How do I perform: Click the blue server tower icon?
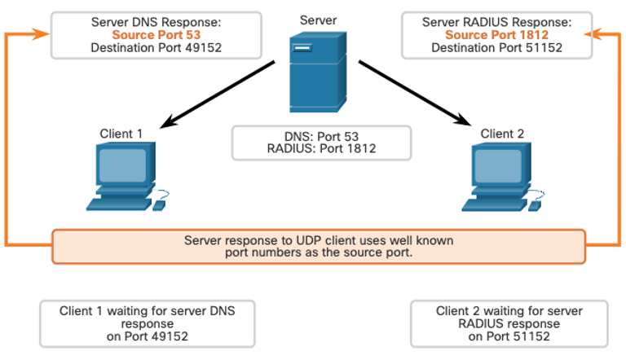[318, 72]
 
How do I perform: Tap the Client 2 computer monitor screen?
[498, 166]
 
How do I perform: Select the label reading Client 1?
[121, 134]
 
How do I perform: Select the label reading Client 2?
[502, 134]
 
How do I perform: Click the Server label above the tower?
[318, 20]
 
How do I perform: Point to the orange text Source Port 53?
[156, 35]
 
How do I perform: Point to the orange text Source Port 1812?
[496, 35]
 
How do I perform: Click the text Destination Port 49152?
[156, 48]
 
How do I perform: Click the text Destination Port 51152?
[496, 48]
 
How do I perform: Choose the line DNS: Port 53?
[321, 137]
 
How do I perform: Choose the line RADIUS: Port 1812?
[321, 148]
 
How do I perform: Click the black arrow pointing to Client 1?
[217, 94]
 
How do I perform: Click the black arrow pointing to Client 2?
[415, 93]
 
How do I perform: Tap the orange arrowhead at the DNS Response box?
[41, 34]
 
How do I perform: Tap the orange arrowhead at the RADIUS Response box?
[593, 34]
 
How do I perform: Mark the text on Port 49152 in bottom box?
[148, 336]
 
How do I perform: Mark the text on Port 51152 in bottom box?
[509, 336]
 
